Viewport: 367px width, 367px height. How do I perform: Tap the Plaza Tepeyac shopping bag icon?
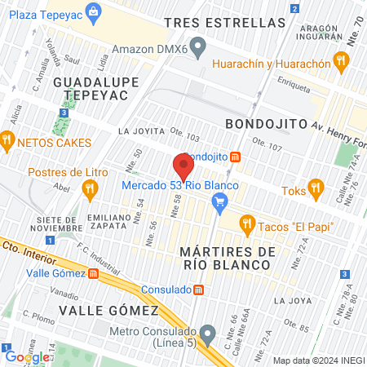pyautogui.click(x=95, y=12)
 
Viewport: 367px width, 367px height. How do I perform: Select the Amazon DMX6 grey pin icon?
pyautogui.click(x=197, y=45)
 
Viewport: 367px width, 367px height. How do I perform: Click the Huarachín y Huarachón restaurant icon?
pyautogui.click(x=341, y=60)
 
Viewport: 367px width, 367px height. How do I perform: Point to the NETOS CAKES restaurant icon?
pyautogui.click(x=7, y=141)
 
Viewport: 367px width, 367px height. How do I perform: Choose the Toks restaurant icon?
pyautogui.click(x=314, y=190)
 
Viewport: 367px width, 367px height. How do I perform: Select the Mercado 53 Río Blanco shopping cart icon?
pyautogui.click(x=219, y=201)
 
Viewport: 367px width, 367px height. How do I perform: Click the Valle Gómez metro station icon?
pyautogui.click(x=94, y=273)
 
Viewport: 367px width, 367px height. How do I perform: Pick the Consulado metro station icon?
pyautogui.click(x=198, y=290)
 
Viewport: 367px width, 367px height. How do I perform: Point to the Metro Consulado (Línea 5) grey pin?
pyautogui.click(x=208, y=333)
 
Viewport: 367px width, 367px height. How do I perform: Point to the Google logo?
pyautogui.click(x=27, y=356)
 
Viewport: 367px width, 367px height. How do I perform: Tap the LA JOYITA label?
pyautogui.click(x=141, y=130)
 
